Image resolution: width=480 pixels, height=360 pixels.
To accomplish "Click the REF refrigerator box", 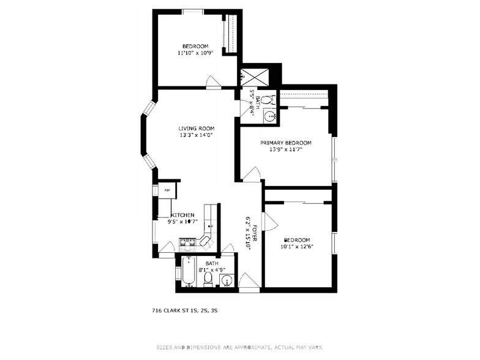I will pos(167,190).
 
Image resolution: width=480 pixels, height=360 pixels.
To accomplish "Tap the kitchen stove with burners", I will pos(187,244).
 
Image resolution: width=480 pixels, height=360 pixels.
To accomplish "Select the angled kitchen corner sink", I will pos(205,239).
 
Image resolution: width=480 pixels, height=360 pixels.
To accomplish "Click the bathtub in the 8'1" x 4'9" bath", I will pos(188,272).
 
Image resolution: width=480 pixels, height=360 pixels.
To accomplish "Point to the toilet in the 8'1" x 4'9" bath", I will pos(208,279).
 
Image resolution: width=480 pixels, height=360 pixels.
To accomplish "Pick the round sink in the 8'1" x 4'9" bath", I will pos(227,282).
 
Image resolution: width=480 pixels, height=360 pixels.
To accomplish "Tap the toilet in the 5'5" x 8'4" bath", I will pos(272,100).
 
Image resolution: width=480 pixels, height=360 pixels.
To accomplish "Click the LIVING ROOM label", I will pos(195,129).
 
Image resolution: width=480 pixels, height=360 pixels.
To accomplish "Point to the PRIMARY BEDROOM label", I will pos(285,143).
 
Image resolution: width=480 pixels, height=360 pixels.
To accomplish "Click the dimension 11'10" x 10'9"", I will pos(195,53).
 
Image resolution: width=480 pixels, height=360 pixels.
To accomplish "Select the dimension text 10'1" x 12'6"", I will pos(296,247).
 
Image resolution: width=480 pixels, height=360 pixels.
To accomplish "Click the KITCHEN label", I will pos(182,215).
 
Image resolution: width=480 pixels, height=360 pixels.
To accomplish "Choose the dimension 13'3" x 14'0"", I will pos(195,135).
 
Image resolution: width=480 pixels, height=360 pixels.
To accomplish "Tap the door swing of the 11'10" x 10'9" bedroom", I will pos(214,81).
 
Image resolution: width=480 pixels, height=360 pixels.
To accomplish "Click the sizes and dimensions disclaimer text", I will pos(239,347).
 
